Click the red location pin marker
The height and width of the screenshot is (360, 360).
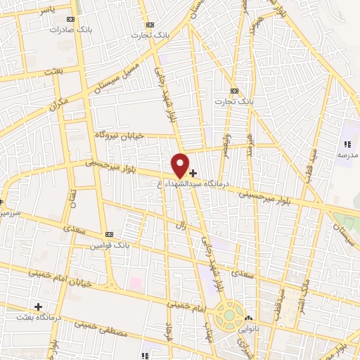181,165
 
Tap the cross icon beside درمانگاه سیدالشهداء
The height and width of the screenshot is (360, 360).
193,172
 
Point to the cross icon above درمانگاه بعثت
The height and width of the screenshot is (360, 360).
38,307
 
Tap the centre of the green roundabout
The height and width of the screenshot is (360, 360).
230,316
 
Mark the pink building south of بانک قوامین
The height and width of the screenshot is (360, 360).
135,283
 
